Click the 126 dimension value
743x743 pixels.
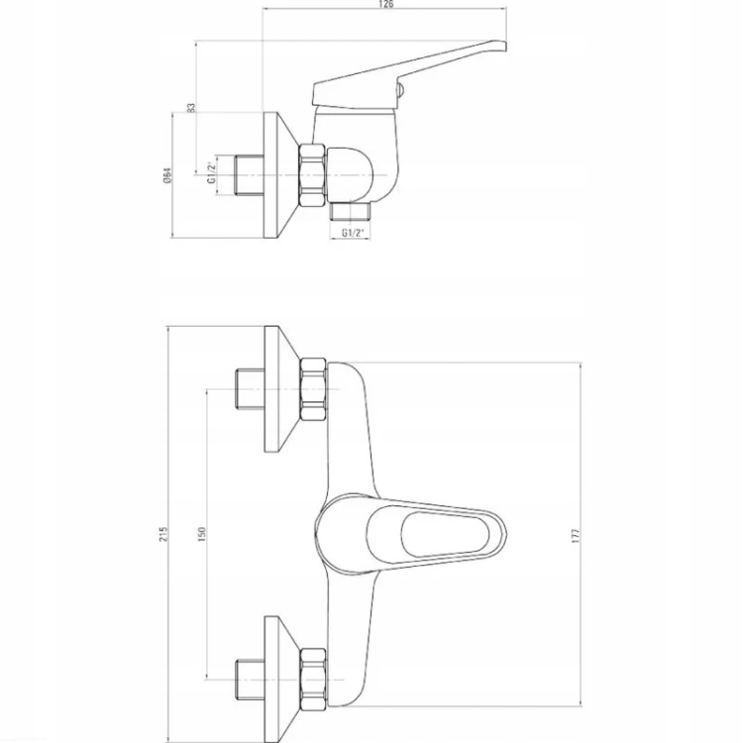pos(386,4)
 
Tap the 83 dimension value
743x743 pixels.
pos(191,108)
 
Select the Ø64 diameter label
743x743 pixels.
pos(166,175)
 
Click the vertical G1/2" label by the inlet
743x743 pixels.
pos(211,173)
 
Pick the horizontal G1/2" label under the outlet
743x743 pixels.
pos(353,233)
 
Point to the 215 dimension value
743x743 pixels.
pos(163,534)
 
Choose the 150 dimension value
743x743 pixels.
pos(202,534)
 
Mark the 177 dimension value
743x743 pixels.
pos(576,535)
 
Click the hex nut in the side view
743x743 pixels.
pos(313,175)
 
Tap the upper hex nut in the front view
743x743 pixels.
pos(313,389)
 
